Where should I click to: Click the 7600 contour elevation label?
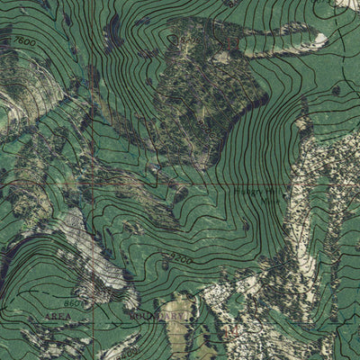[26, 43]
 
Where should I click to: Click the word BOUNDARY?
[149, 317]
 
